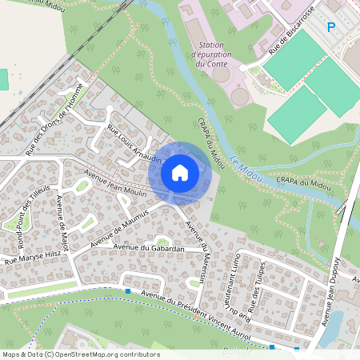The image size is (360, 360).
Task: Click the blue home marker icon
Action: coord(180,172)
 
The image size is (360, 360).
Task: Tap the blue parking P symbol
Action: coord(331,27)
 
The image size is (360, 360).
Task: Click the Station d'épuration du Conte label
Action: coord(211,54)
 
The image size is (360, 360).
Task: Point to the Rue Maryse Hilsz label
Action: coord(33,256)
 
